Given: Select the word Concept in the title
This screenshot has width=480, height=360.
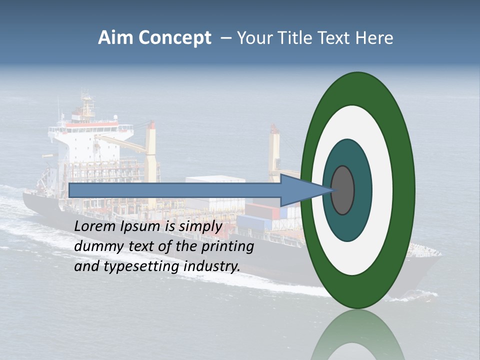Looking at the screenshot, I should tap(174, 38).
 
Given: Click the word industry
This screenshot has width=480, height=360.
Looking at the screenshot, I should tap(212, 266).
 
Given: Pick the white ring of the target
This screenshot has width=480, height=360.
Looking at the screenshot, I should tap(382, 190).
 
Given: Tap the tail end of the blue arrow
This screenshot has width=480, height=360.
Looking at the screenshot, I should tap(70, 190).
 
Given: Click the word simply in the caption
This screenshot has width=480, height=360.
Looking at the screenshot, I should tap(200, 226).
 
